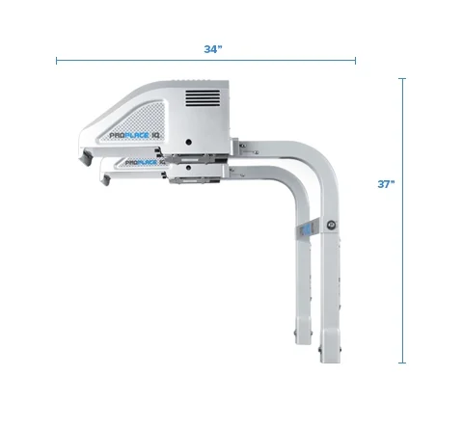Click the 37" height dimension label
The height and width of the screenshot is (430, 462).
coord(387,185)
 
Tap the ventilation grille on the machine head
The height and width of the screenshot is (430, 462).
coord(203,98)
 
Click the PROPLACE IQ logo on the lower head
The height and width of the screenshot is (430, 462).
coord(141,164)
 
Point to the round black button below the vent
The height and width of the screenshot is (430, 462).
coord(189,139)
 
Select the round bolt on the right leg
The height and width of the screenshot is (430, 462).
coord(331,225)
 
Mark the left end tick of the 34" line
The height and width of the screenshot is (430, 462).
coord(57,61)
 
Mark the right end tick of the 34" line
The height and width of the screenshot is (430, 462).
coord(355,61)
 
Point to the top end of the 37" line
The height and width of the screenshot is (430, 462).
coord(403,79)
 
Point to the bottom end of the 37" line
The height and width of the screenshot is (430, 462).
coord(403,363)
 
